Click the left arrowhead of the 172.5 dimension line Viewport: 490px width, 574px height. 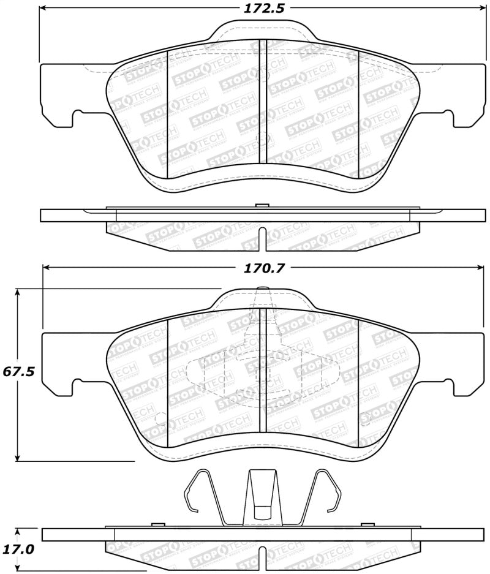[x=44, y=9]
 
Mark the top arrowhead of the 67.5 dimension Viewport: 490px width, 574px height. [x=18, y=293]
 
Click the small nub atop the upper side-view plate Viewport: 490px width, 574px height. [x=262, y=205]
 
